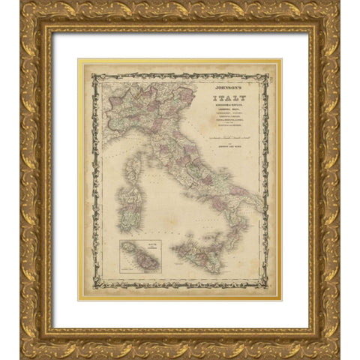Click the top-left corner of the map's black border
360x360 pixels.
tap(92, 73)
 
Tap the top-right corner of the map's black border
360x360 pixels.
tap(268, 73)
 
